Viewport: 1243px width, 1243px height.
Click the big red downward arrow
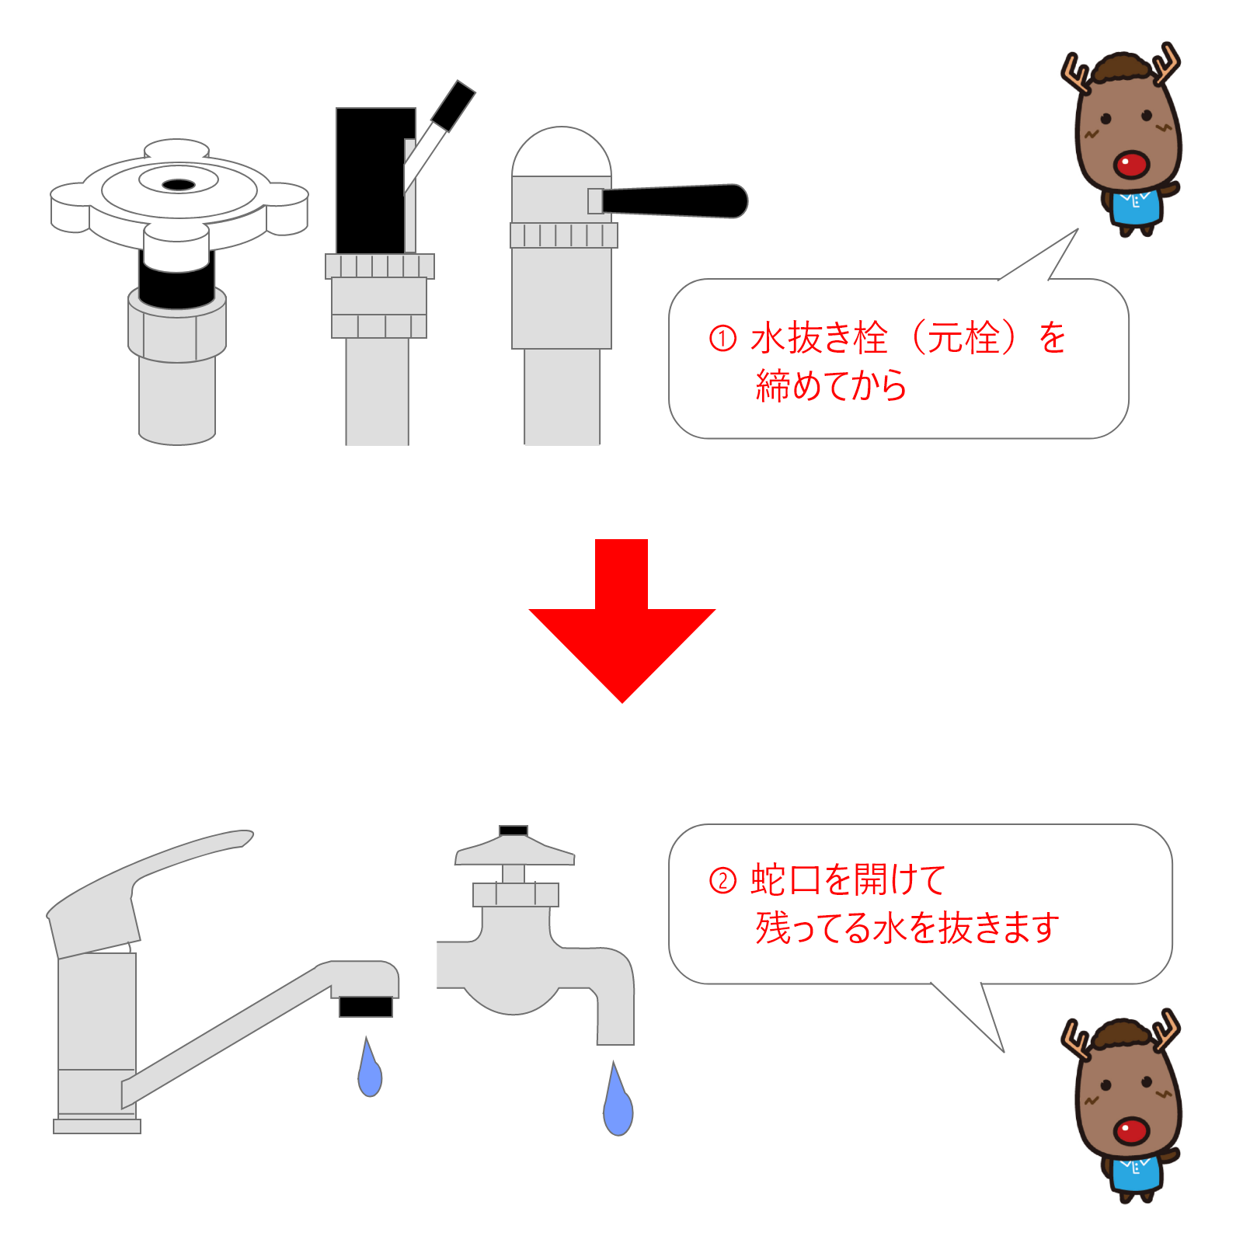coord(621,621)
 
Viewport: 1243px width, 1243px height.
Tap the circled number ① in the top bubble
coord(722,338)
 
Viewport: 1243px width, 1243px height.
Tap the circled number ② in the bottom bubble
coord(722,880)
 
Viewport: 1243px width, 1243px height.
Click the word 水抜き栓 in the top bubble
coord(819,338)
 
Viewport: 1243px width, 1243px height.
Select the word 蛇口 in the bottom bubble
coord(785,880)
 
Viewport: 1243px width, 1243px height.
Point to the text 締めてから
coord(831,386)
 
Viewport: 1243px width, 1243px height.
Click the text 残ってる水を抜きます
coord(907,928)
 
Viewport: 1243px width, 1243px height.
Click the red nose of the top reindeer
coord(1130,164)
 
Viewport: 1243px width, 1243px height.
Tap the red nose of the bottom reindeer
coord(1131,1130)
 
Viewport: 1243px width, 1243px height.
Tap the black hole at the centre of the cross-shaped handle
coord(179,185)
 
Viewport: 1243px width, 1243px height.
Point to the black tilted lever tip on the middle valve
coord(454,105)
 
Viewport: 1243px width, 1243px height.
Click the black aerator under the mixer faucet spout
coord(366,1007)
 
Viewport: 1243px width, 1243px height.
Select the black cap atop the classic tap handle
coord(514,830)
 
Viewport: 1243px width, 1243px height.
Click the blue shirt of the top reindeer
coord(1136,207)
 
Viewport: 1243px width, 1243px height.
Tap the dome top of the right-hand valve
coord(562,152)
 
